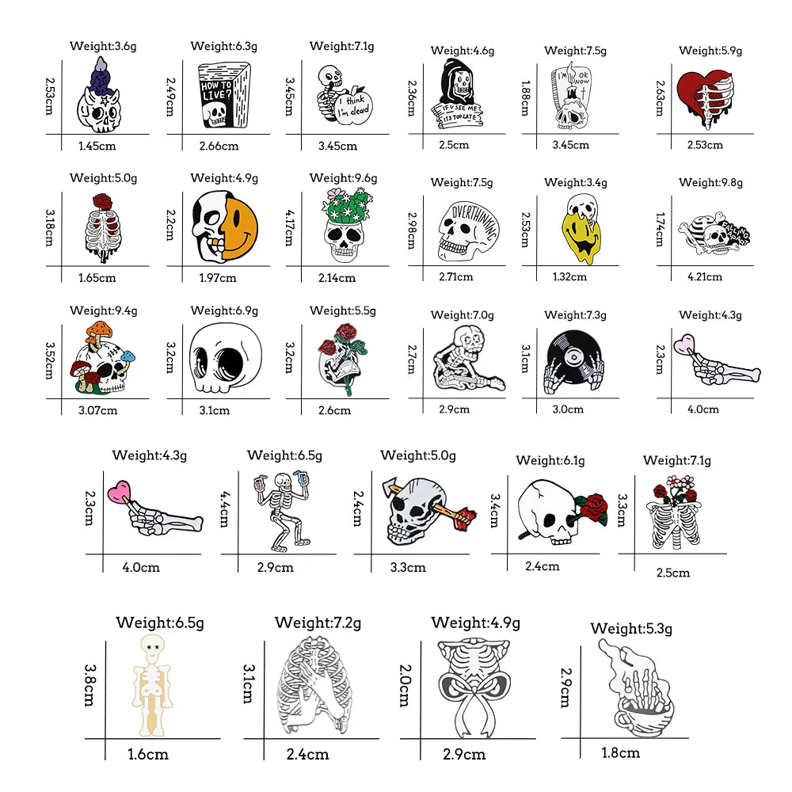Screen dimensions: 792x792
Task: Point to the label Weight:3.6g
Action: point(103,46)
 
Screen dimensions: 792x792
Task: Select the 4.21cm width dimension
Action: point(704,276)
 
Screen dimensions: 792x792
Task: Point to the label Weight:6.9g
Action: point(224,310)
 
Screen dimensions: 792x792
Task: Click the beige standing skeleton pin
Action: point(150,685)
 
